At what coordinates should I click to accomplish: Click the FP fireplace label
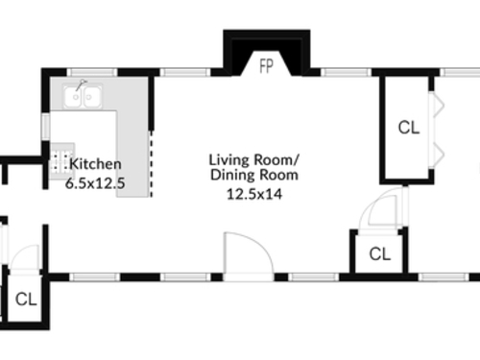point(266,66)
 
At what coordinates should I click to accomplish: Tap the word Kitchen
point(95,164)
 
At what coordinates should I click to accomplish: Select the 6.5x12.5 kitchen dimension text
point(95,183)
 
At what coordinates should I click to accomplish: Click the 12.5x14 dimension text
point(254,194)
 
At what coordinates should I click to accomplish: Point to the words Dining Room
point(254,175)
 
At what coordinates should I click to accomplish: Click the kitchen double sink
point(83,96)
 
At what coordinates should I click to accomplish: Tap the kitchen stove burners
point(62,161)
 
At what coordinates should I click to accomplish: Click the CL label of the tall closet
point(409,128)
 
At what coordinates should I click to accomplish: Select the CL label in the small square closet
point(380,254)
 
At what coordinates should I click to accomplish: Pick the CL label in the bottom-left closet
point(26,300)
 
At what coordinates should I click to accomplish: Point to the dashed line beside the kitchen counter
point(152,163)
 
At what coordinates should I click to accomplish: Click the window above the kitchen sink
point(92,72)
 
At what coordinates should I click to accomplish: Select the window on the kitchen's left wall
point(46,127)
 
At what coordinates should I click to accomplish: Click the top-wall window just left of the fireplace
point(185,72)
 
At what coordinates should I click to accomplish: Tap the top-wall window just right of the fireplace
point(347,72)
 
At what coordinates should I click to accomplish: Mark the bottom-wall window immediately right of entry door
point(314,277)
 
